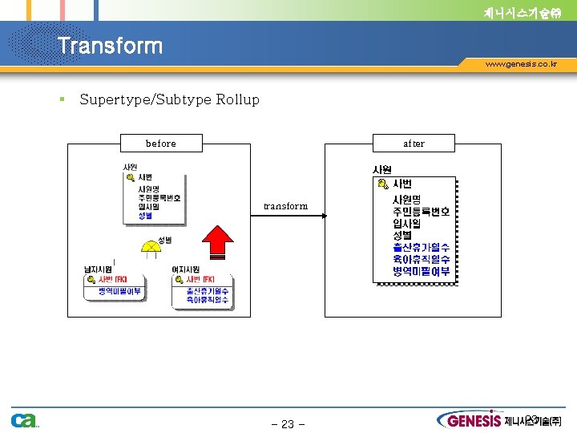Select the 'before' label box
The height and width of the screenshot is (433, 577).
(x=161, y=144)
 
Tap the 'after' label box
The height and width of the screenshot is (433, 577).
(x=414, y=144)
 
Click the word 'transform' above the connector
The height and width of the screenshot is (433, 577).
(x=285, y=206)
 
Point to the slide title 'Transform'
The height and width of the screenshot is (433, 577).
(x=110, y=46)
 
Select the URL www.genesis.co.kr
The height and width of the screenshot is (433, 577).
(x=521, y=63)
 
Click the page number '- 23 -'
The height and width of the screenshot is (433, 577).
(x=288, y=424)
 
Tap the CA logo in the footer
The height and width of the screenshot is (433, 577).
(x=24, y=420)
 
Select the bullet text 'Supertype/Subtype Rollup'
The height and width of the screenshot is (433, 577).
(x=170, y=99)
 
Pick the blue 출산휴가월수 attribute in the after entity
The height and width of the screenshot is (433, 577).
(x=421, y=248)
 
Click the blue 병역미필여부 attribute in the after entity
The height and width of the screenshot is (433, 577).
(x=421, y=272)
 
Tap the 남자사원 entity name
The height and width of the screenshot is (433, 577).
(x=99, y=269)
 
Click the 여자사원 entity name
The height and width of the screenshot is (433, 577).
(x=186, y=269)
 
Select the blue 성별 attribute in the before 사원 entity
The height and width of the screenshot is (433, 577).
(x=145, y=216)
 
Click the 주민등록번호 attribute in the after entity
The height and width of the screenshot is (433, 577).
(x=421, y=212)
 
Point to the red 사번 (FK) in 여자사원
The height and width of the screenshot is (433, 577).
(x=200, y=279)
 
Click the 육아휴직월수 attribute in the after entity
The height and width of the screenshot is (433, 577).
(x=421, y=260)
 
